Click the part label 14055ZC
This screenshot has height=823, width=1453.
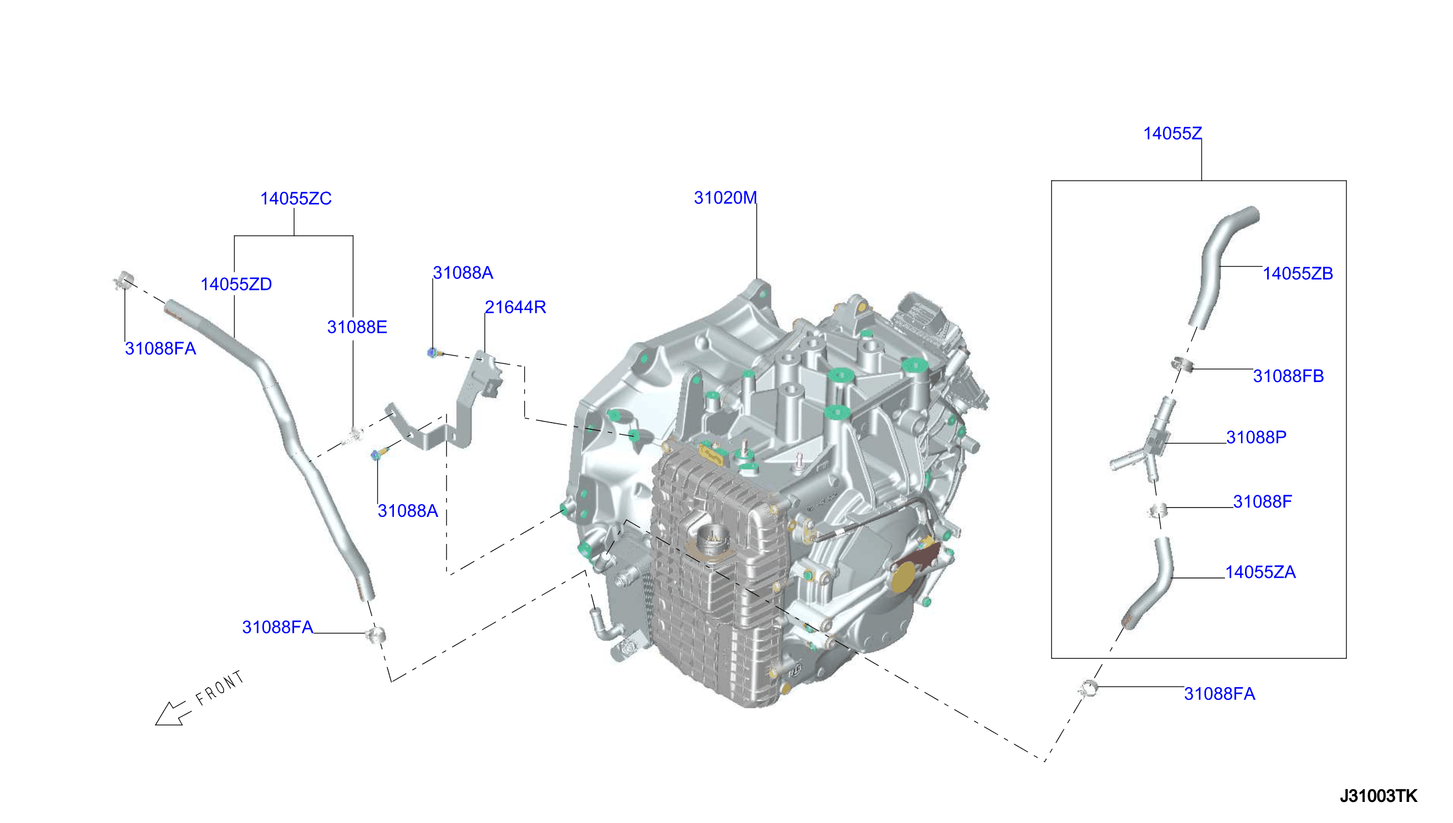pos(296,199)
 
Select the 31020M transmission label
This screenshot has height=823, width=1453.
pos(725,197)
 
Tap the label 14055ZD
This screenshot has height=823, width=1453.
pos(236,284)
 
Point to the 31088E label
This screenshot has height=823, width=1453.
pos(357,327)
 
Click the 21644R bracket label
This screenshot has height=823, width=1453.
pos(515,307)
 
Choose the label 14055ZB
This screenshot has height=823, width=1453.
pos(1298,273)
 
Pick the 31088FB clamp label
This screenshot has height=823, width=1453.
pos(1288,376)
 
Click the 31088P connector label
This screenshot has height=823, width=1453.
pos(1256,437)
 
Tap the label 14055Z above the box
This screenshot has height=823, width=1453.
pos(1173,134)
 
